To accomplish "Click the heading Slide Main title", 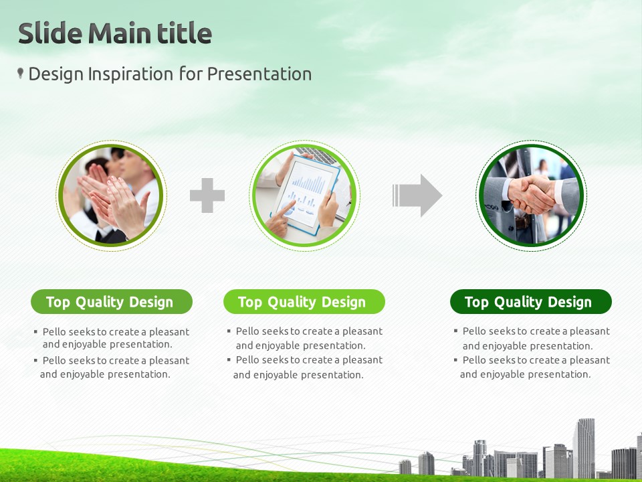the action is point(115,33).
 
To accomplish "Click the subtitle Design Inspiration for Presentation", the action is point(170,74).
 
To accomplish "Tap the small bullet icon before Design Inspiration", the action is point(20,73).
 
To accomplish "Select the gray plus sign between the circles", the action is point(207,195).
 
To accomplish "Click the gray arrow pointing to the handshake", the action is point(417,195).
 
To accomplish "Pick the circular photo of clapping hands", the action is point(111,195).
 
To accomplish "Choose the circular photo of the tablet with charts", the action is point(304,195).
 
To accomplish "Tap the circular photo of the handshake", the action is point(531,195).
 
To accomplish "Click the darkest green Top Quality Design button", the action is point(530,302).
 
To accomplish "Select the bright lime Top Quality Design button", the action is point(304,302).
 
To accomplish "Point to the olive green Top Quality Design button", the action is point(112,302).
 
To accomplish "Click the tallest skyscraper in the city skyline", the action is point(584,448).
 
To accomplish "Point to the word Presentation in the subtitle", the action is point(259,74).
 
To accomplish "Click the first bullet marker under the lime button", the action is point(229,330).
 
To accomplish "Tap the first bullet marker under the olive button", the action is point(35,331).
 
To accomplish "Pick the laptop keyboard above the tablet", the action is point(317,154).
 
